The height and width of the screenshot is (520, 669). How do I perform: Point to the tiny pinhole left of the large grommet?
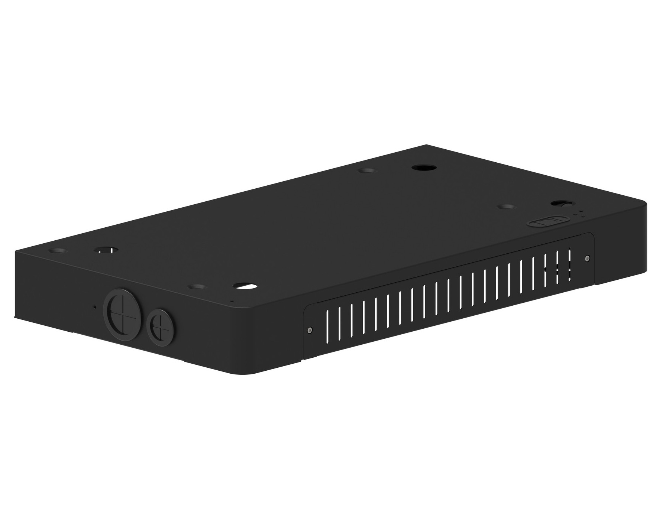pos(94,307)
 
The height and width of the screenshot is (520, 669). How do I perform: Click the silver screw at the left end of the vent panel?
pos(310,329)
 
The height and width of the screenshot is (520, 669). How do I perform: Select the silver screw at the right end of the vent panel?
pos(587,258)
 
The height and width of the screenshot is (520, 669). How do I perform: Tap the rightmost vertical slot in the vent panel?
pos(569,264)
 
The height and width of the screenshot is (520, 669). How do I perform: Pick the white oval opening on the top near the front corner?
pos(246,286)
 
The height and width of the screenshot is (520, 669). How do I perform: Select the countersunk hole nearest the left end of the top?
pos(58,251)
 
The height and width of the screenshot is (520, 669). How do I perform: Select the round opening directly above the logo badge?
pos(561,204)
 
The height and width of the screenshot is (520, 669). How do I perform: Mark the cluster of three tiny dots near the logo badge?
pos(579,214)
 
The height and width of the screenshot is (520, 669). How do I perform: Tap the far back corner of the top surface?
pos(427,145)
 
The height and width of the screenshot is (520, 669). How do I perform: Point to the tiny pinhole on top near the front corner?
pos(232,301)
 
